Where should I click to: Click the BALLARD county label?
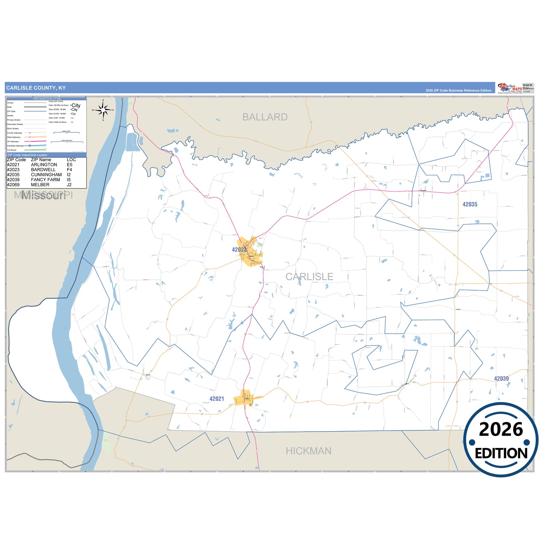pos(265,117)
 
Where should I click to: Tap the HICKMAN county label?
pos(308,451)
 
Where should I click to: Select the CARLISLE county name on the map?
pos(309,277)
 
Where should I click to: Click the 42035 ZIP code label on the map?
pos(470,204)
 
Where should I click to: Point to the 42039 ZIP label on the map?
pos(501,379)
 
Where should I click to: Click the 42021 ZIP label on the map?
pos(217,399)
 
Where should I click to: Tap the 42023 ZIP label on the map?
pos(239,250)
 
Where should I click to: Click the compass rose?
pos(103,110)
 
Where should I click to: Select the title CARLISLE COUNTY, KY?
pos(36,88)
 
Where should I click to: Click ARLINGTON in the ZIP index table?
pos(44,164)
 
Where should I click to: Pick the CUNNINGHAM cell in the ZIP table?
pos(46,175)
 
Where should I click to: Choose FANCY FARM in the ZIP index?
pos(46,180)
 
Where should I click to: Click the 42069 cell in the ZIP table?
pos(13,185)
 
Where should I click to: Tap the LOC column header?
pos(71,160)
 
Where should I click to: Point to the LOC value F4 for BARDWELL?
pos(69,170)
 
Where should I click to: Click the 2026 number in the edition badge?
pos(501,429)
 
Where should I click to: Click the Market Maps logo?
pos(510,88)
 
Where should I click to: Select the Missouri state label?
pos(44,195)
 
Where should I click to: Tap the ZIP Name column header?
pos(41,160)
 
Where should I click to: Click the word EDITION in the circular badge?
pos(501,453)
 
